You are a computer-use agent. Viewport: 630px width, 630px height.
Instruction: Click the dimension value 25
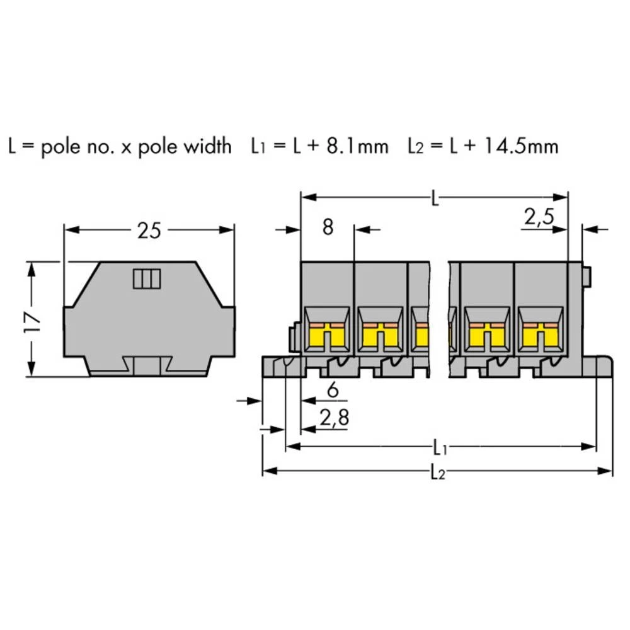coord(149,231)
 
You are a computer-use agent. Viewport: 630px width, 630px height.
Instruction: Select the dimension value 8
coord(328,227)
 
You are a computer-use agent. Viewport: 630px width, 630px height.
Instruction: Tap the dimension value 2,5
coord(539,217)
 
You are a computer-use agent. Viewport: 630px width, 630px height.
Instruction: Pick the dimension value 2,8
coord(335,418)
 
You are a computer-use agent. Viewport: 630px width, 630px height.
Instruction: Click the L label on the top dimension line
coord(435,199)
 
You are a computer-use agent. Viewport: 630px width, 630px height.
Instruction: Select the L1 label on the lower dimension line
coord(440,449)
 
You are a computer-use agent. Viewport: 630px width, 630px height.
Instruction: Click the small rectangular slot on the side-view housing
coord(147,278)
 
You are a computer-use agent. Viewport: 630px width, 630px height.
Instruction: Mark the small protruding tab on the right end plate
coord(587,276)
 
